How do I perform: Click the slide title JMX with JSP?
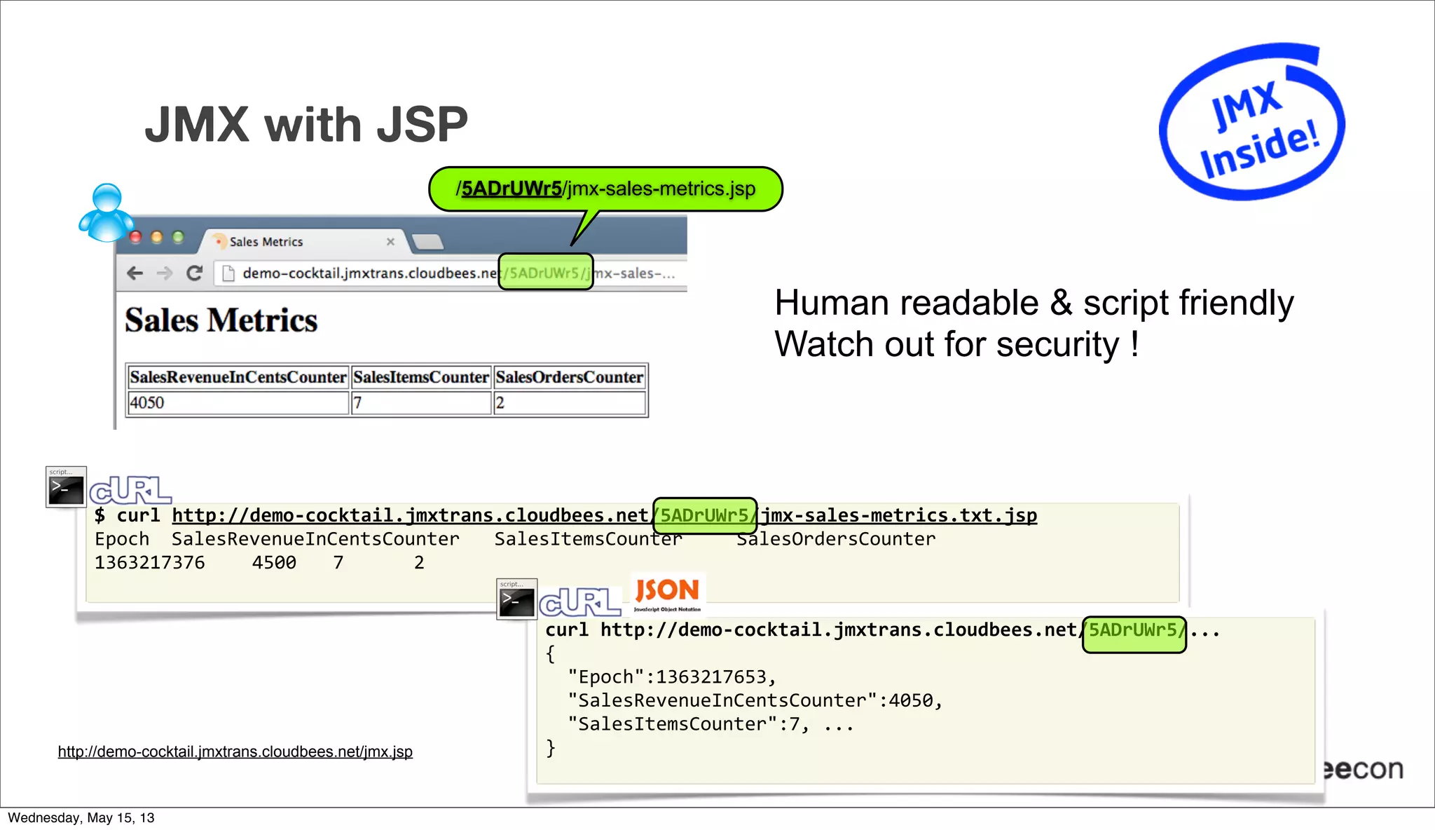tap(306, 125)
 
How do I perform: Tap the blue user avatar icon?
tap(107, 213)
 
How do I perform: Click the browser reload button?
tap(194, 273)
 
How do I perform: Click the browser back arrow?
tap(135, 273)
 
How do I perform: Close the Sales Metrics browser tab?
tap(390, 242)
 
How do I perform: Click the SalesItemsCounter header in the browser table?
tap(420, 377)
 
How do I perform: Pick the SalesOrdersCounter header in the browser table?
tap(569, 377)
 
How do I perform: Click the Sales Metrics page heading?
tap(221, 320)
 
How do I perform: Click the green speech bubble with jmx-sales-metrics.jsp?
tap(605, 189)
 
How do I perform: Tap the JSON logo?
tap(667, 592)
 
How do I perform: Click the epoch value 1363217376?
tap(149, 563)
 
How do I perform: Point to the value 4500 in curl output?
tap(274, 563)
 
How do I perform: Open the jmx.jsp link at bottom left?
tap(235, 752)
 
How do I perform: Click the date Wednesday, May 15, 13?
tap(81, 818)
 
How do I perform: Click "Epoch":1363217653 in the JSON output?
tap(671, 677)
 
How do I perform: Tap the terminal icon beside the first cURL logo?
tap(66, 487)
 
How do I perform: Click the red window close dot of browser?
tap(136, 238)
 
